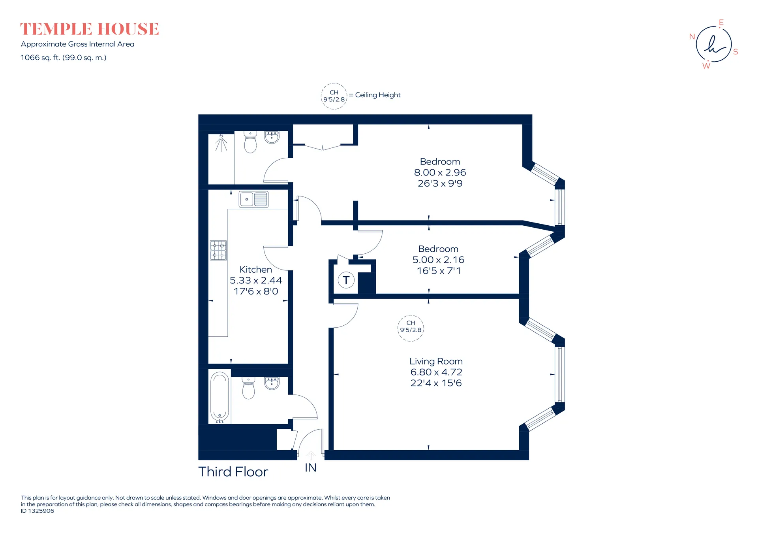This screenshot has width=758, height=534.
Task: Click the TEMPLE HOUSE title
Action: [x=90, y=29]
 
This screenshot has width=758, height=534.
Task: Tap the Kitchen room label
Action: [x=256, y=270]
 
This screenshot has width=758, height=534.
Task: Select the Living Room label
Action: [x=436, y=361]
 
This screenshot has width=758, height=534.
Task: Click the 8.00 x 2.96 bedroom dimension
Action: [x=440, y=172]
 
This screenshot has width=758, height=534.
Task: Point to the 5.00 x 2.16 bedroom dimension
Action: [x=438, y=260]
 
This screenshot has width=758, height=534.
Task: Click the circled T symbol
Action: [x=346, y=280]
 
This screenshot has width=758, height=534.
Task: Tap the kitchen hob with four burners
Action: [x=218, y=250]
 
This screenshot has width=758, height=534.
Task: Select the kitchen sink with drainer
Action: [x=253, y=199]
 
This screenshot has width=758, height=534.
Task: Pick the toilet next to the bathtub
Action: [x=248, y=388]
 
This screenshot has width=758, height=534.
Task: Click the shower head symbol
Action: [x=221, y=143]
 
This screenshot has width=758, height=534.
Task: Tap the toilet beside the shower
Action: [x=250, y=142]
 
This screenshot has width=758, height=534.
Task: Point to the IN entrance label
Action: [x=311, y=468]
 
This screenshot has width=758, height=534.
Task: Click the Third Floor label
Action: [x=233, y=472]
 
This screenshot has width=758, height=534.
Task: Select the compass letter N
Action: [x=692, y=37]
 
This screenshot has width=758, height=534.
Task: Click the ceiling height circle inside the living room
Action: [x=411, y=328]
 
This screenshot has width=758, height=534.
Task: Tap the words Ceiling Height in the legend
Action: [x=378, y=95]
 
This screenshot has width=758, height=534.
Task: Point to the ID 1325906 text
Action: [x=38, y=511]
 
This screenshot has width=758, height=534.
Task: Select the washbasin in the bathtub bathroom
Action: [x=272, y=383]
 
